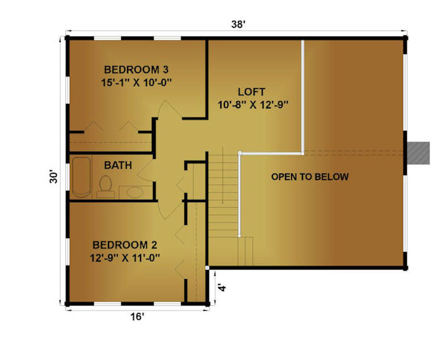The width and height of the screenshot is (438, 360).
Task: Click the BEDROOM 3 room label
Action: pyautogui.click(x=136, y=69)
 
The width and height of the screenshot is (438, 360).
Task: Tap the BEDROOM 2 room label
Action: pyautogui.click(x=125, y=245)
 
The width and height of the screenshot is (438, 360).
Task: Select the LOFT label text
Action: pyautogui.click(x=251, y=92)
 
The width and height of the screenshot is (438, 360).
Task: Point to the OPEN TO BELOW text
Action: pyautogui.click(x=310, y=176)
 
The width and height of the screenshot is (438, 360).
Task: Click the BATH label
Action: pyautogui.click(x=118, y=165)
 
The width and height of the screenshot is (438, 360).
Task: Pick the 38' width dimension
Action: pyautogui.click(x=238, y=24)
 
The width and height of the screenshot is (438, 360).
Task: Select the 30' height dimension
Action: pyautogui.click(x=53, y=176)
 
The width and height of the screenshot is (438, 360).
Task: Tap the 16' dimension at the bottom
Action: pyautogui.click(x=137, y=317)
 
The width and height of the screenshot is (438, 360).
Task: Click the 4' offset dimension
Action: pyautogui.click(x=222, y=287)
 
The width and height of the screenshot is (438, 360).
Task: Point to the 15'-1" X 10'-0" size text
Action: pyautogui.click(x=136, y=83)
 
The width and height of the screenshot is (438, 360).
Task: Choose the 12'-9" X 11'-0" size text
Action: pyautogui.click(x=125, y=258)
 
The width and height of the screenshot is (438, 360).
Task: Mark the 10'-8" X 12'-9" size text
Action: pyautogui.click(x=253, y=105)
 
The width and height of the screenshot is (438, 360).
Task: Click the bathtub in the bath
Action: pyautogui.click(x=82, y=177)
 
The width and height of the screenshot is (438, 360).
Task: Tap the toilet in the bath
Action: pyautogui.click(x=106, y=187)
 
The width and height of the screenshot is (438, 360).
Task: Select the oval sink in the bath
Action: pyautogui.click(x=135, y=192)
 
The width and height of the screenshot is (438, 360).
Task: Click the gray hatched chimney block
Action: pyautogui.click(x=418, y=153)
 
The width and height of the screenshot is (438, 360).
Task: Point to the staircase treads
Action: pyautogui.click(x=223, y=196)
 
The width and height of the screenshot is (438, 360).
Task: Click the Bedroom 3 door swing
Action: pyautogui.click(x=169, y=110)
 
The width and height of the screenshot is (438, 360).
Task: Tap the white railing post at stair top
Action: pyautogui.click(x=239, y=153)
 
